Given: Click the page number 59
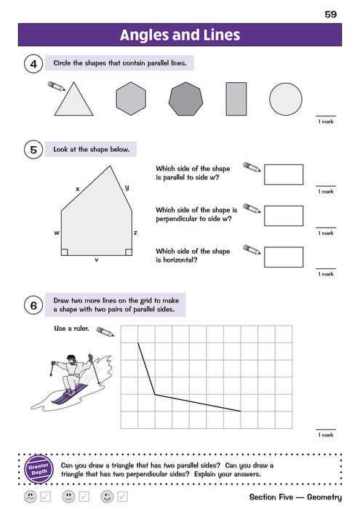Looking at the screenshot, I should pyautogui.click(x=332, y=13).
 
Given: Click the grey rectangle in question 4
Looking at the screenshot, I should pyautogui.click(x=236, y=98).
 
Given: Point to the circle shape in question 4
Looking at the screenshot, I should pyautogui.click(x=286, y=98).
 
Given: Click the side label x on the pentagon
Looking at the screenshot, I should pyautogui.click(x=77, y=188).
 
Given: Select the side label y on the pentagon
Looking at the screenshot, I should pyautogui.click(x=127, y=187).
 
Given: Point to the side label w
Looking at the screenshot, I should pyautogui.click(x=56, y=233).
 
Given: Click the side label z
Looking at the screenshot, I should pyautogui.click(x=135, y=233).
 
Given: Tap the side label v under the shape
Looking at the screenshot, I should pyautogui.click(x=97, y=259).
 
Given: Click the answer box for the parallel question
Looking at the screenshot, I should pyautogui.click(x=284, y=175).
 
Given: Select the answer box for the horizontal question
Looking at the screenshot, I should pyautogui.click(x=284, y=257).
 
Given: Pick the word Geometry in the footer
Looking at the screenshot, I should pyautogui.click(x=319, y=497).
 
